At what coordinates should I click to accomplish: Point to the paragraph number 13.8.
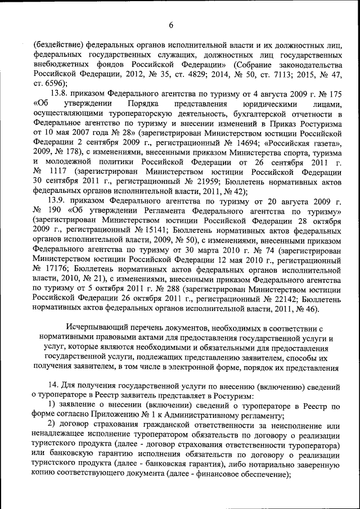coord(62,93)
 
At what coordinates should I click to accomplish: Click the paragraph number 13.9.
coord(62,201)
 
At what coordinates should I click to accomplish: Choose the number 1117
coord(65,172)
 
